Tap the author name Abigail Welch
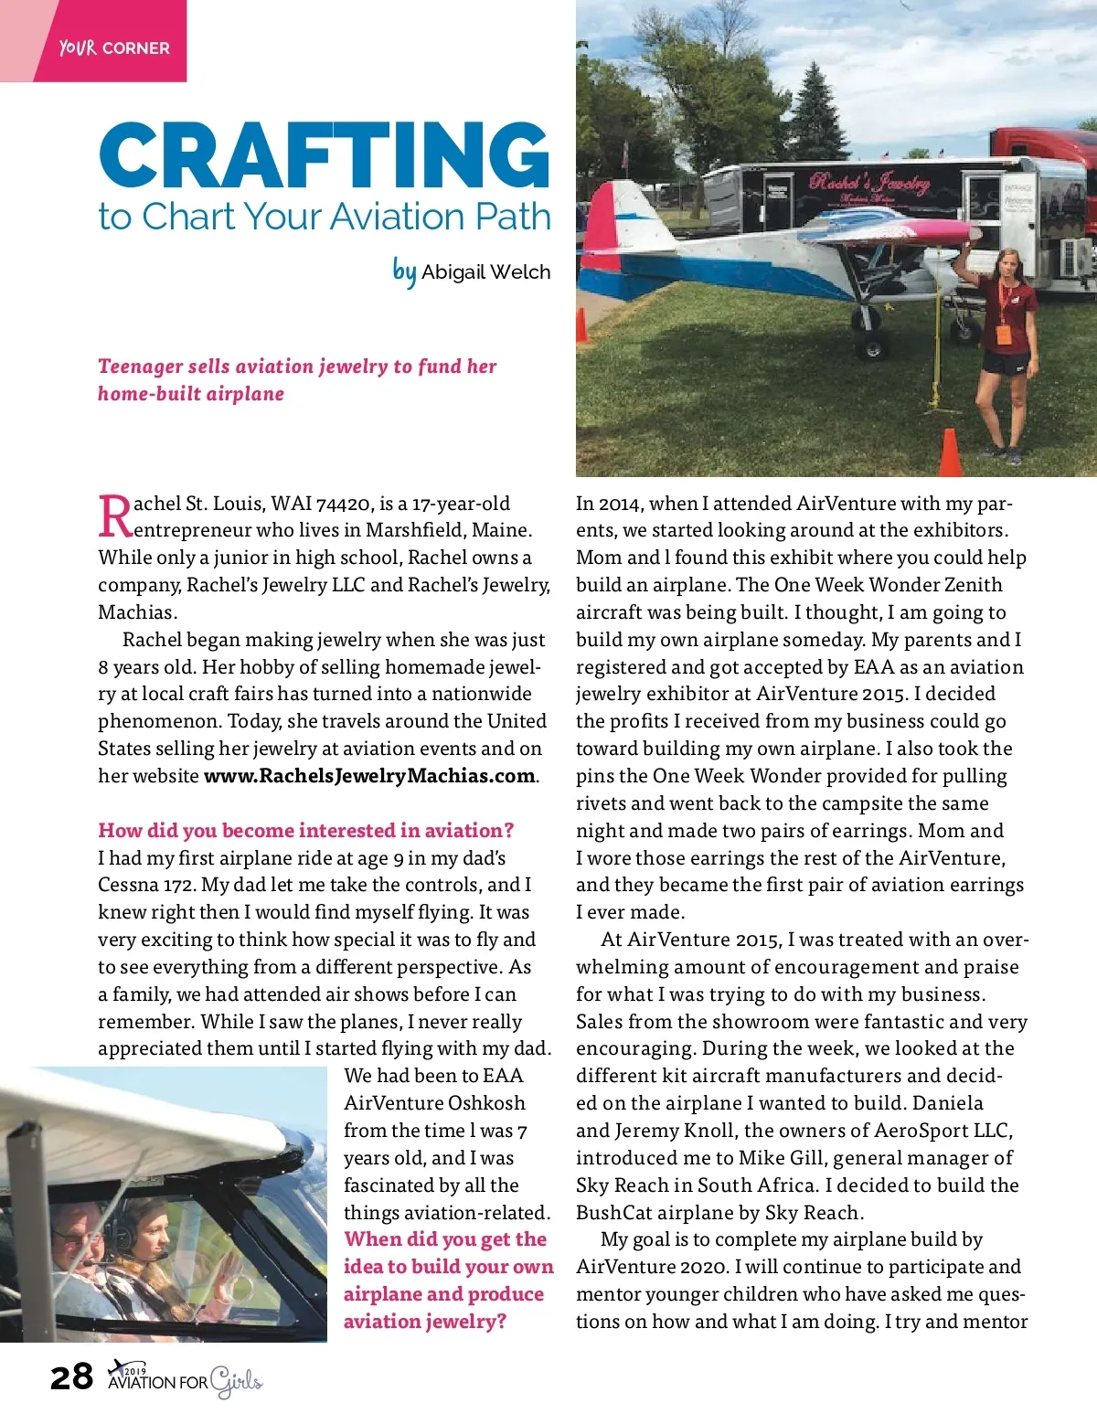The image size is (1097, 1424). click(x=485, y=272)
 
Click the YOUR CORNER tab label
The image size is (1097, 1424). click(x=114, y=48)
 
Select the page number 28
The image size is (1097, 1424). click(x=71, y=1376)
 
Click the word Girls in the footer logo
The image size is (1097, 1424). click(x=236, y=1381)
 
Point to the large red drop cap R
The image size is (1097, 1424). click(x=115, y=517)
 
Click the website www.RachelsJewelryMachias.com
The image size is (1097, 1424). click(x=369, y=776)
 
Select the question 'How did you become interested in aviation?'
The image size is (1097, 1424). click(x=306, y=830)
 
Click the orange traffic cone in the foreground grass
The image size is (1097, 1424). click(x=951, y=452)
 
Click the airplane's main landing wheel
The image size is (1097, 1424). click(x=871, y=346)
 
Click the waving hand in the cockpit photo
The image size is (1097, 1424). click(x=226, y=1271)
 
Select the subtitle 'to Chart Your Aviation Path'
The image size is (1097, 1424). click(x=325, y=218)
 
